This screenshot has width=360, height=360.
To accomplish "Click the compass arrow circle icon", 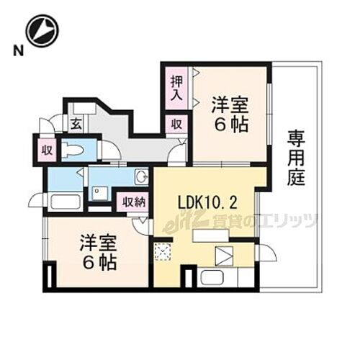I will [42, 30].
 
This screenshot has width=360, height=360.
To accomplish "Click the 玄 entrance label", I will [75, 124].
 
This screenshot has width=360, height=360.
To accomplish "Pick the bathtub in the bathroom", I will [66, 200].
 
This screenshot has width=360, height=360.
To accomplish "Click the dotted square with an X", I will [162, 253].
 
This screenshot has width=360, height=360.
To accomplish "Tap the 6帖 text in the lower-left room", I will [97, 263].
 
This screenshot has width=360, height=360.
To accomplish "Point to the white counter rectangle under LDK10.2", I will [210, 236].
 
